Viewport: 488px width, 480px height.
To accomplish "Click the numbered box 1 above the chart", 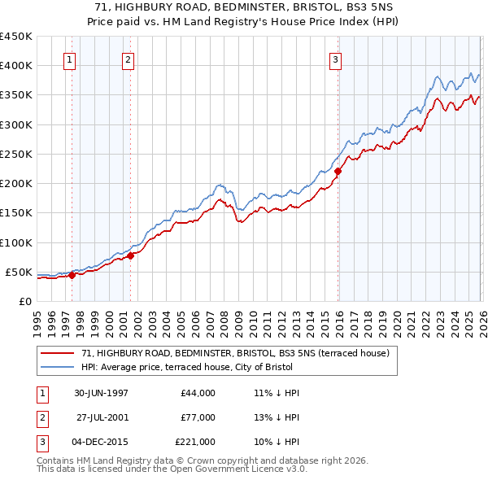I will (x=69, y=59).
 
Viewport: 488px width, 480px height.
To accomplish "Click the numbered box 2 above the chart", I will (x=129, y=59).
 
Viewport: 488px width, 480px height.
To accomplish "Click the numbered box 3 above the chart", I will (x=336, y=59).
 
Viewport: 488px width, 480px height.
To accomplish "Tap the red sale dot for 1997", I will (x=72, y=275).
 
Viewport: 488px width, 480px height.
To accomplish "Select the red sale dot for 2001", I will (x=130, y=256).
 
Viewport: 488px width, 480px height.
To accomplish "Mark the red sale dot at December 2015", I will (x=338, y=171).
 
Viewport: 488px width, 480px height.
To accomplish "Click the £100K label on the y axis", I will (x=16, y=242).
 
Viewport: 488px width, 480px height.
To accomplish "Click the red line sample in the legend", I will (x=59, y=353).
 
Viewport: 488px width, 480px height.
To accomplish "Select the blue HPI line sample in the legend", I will (x=59, y=366).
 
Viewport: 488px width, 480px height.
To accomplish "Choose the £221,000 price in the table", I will (x=195, y=442).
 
